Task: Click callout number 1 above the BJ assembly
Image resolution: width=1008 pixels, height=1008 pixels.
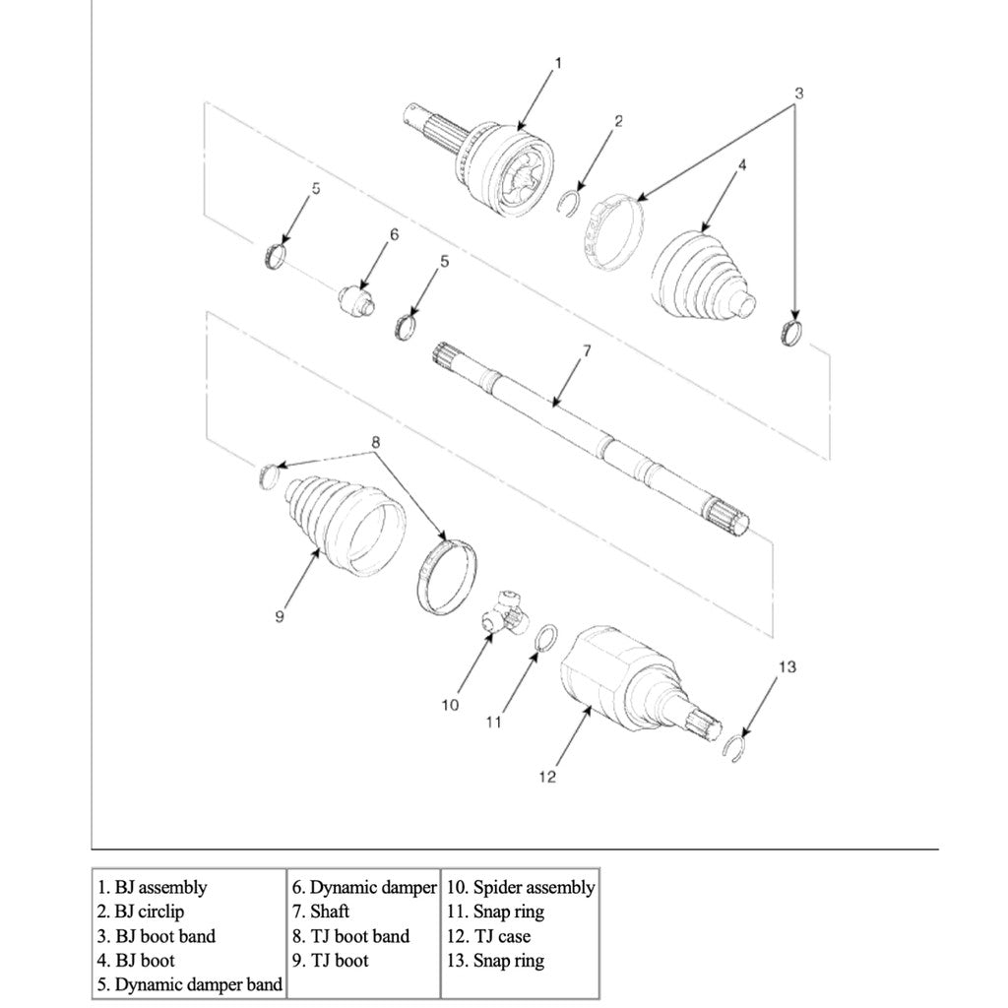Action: (x=558, y=64)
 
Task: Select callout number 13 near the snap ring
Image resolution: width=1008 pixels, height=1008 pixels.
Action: (x=787, y=667)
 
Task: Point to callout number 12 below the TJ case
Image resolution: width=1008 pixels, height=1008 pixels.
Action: (x=547, y=778)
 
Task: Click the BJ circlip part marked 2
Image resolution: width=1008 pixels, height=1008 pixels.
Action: (x=568, y=203)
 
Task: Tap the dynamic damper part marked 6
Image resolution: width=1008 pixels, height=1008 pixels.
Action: (x=355, y=297)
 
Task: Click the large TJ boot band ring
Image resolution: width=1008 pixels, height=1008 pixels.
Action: (x=448, y=576)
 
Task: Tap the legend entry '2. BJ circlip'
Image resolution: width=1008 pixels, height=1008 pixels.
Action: (x=141, y=912)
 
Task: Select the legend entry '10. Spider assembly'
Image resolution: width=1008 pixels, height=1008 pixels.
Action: (x=521, y=887)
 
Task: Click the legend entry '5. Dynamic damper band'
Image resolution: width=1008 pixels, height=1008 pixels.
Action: (x=189, y=983)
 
